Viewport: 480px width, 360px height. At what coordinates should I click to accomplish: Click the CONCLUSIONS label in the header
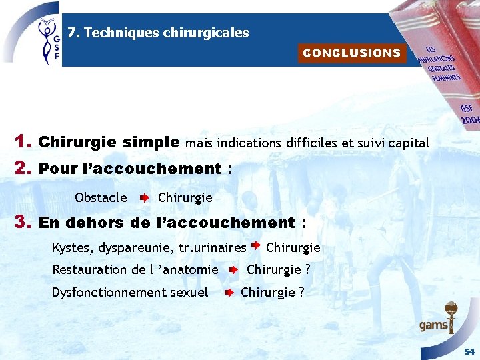click(x=351, y=53)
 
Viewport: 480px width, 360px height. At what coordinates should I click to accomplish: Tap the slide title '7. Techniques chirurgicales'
click(x=158, y=33)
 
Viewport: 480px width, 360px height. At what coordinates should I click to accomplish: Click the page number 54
click(x=469, y=351)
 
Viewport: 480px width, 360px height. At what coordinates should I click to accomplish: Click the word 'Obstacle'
click(x=101, y=197)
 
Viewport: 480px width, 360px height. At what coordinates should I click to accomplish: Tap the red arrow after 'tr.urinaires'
click(x=255, y=246)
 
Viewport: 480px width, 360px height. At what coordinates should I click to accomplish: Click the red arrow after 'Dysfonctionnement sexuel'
click(x=228, y=293)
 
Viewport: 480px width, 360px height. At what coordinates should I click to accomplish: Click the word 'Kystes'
click(x=72, y=248)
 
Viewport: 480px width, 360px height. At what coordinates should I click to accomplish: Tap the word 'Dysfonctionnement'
click(x=107, y=292)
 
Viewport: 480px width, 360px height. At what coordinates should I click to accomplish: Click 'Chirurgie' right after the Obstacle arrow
click(x=185, y=197)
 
